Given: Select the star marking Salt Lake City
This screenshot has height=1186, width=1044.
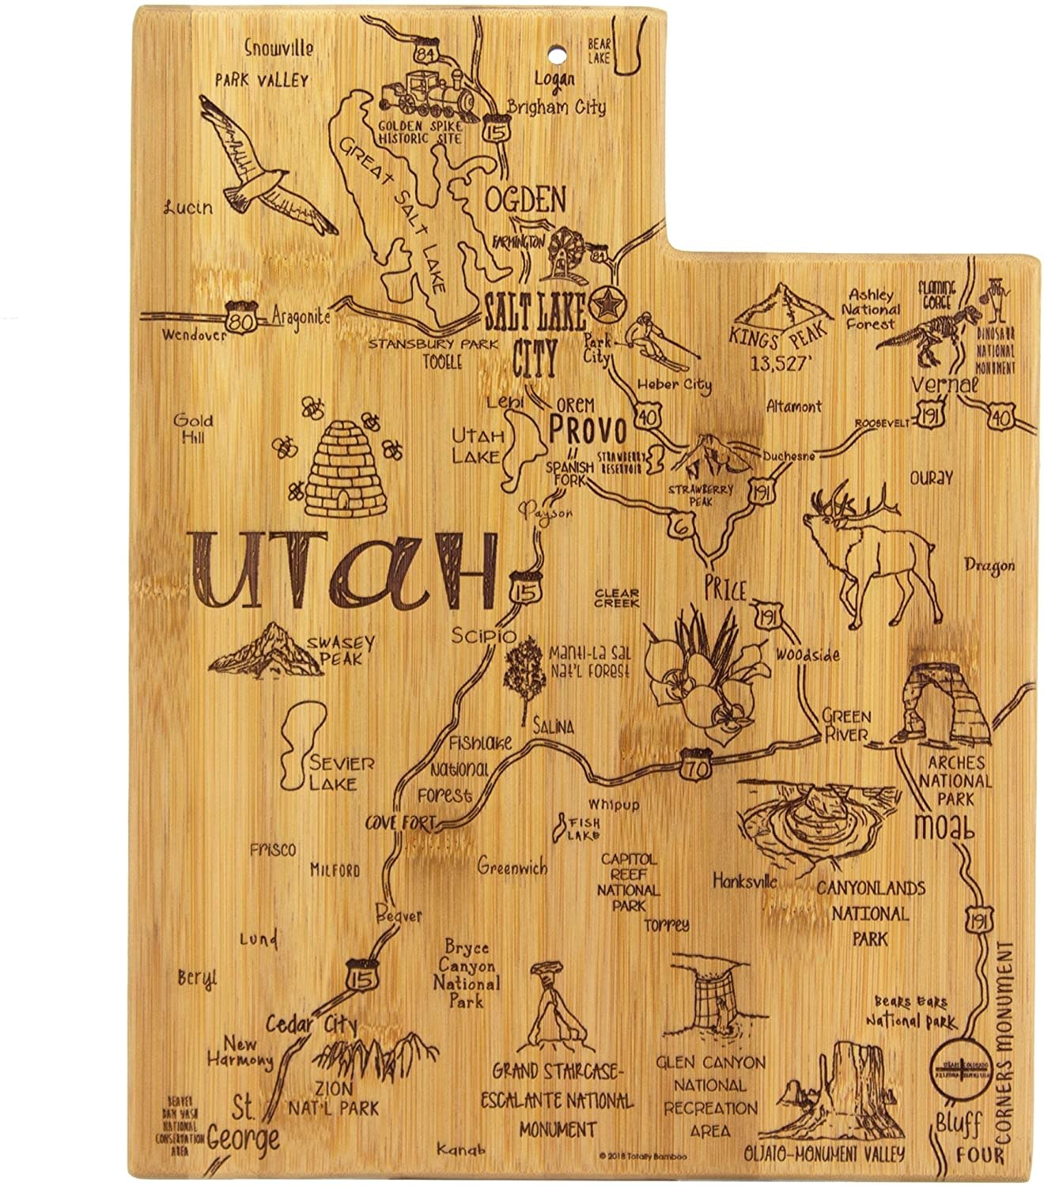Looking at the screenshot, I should (607, 304).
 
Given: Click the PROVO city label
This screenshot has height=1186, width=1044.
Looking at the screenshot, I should (588, 431).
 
